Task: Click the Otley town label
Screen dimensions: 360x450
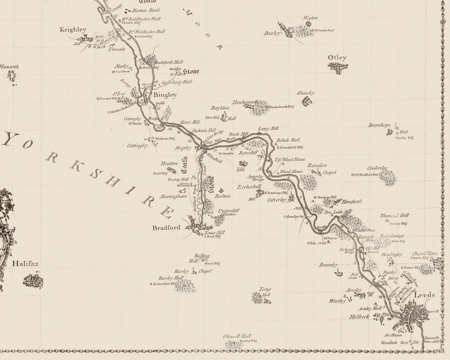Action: click(337, 58)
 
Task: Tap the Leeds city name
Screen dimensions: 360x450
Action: click(424, 295)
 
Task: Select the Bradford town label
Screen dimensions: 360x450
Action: click(166, 228)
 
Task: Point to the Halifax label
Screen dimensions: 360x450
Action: click(25, 263)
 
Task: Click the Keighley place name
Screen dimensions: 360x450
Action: click(73, 30)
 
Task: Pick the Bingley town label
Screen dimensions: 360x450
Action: click(165, 95)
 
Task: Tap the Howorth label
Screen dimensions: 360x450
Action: click(9, 67)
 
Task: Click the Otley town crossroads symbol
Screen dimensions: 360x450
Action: click(338, 68)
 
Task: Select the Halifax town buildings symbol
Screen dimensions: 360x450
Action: click(33, 281)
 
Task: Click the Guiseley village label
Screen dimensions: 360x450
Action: click(306, 93)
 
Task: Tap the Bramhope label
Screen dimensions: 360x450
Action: click(379, 125)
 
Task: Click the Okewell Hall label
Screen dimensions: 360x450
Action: click(237, 336)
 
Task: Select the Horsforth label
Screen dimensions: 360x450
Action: click(351, 202)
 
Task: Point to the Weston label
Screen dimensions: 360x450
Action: click(310, 18)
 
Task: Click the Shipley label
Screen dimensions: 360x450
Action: click(183, 148)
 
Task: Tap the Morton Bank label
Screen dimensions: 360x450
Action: click(146, 10)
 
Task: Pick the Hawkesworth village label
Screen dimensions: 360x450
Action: click(245, 102)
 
